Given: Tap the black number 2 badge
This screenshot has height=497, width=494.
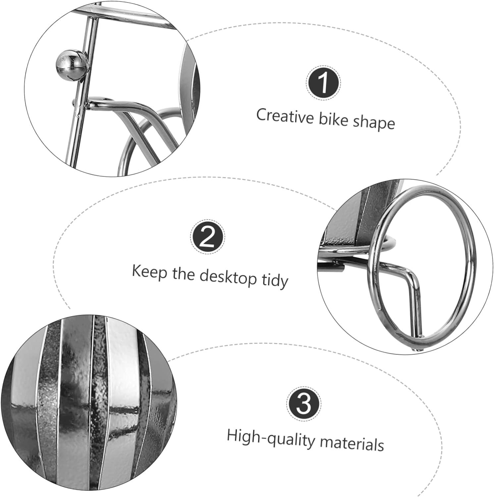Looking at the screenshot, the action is [x=208, y=238].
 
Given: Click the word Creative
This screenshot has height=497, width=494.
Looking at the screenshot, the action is [x=285, y=116].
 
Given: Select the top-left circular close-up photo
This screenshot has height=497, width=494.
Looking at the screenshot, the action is [x=112, y=86].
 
